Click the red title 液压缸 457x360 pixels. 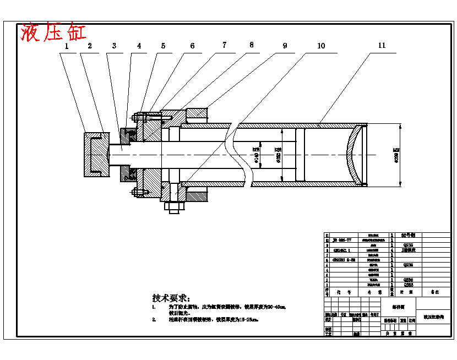53,32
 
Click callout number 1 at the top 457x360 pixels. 67,46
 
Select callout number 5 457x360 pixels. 163,46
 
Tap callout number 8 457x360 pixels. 251,45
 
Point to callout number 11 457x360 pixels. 382,45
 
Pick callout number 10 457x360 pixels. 320,45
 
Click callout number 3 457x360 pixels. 114,46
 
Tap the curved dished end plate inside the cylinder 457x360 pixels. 352,155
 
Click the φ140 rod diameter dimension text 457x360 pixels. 256,155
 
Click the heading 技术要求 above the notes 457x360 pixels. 171,298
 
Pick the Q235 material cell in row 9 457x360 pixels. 408,245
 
